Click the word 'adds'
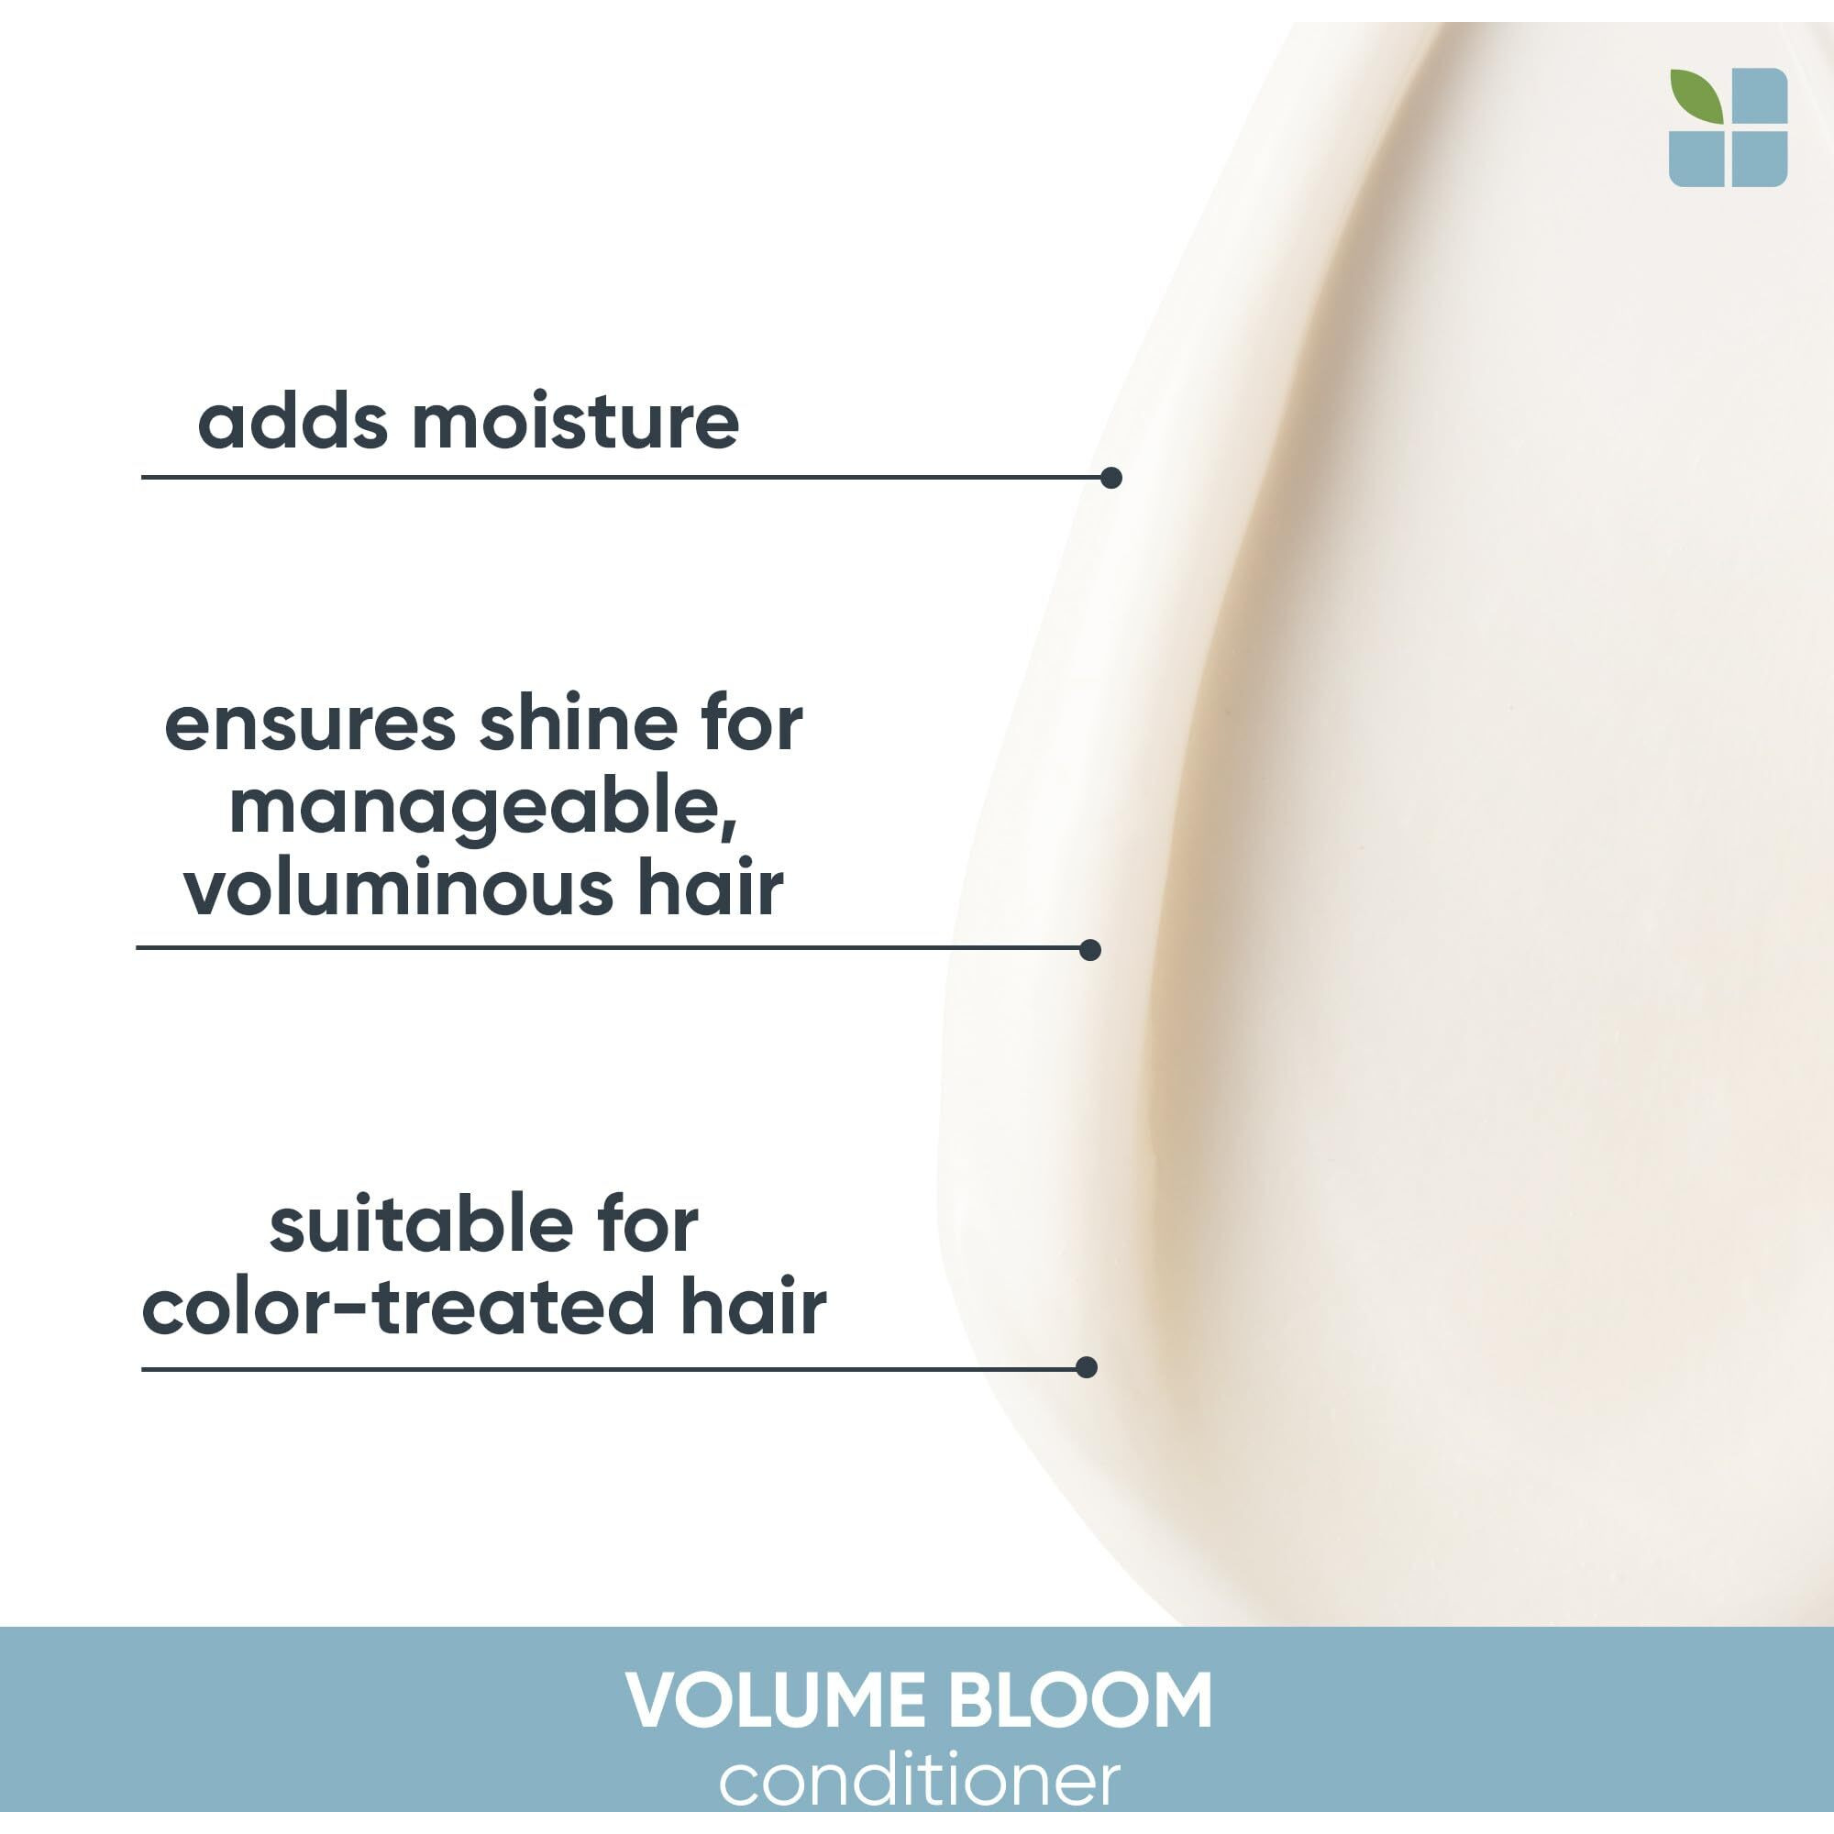(x=293, y=422)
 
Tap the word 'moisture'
(x=575, y=422)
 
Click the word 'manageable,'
(x=484, y=810)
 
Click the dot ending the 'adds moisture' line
(x=1111, y=478)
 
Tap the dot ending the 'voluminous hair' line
(x=1089, y=949)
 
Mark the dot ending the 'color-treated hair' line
(x=1087, y=1367)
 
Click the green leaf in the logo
(x=1696, y=95)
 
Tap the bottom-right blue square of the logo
(x=1759, y=159)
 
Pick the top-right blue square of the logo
(x=1759, y=96)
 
